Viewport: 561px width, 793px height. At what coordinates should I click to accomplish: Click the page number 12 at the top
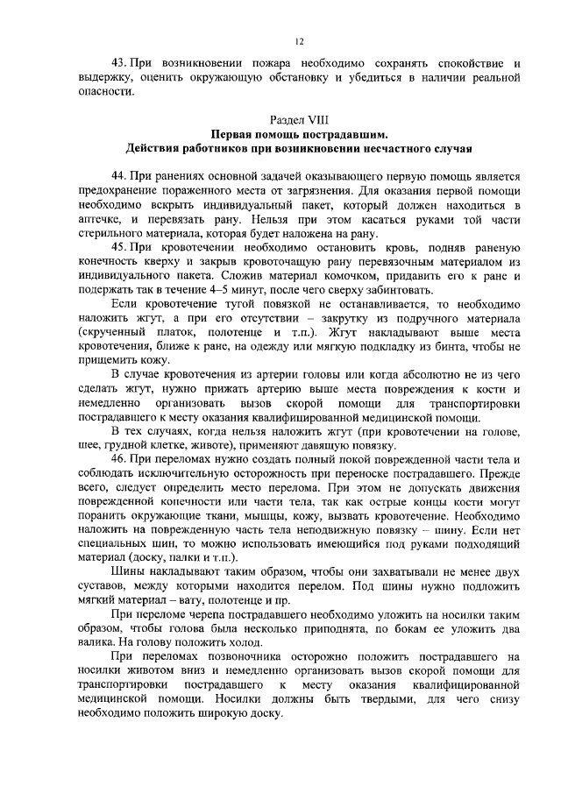tap(299, 38)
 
